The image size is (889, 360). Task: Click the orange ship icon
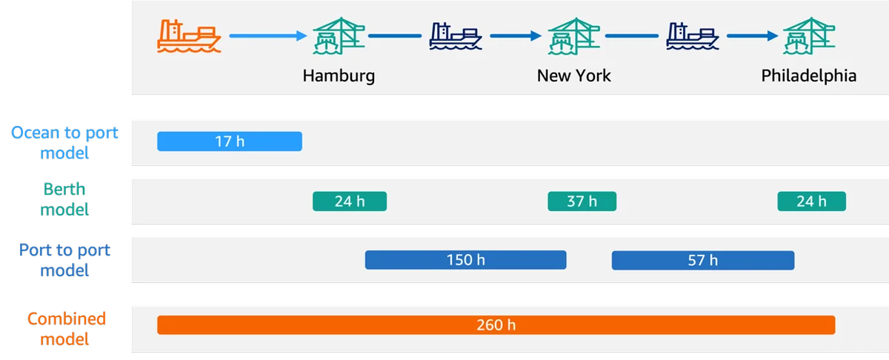(x=189, y=36)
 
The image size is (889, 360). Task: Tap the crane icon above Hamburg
(x=339, y=36)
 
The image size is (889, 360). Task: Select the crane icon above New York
(x=574, y=36)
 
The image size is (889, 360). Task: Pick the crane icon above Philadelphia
(x=809, y=36)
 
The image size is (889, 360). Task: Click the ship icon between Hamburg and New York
(x=456, y=36)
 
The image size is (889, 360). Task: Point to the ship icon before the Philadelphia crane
(x=693, y=36)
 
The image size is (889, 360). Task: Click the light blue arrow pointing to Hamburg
(x=268, y=36)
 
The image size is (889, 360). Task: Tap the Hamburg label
(x=339, y=76)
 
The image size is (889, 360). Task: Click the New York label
(x=574, y=76)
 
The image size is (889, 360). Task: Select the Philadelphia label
(x=809, y=76)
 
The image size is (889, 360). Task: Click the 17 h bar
(x=230, y=141)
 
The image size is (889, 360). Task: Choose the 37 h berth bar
(x=582, y=201)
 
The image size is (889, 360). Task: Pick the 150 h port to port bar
(x=465, y=260)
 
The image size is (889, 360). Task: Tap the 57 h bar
(x=703, y=261)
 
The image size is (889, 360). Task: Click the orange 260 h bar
(x=496, y=325)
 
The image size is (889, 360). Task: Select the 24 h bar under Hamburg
(x=350, y=201)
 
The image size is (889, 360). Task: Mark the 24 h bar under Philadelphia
(x=812, y=201)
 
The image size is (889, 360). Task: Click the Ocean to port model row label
(x=64, y=142)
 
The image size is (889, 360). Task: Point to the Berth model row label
(x=64, y=199)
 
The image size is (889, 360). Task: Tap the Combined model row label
(x=66, y=329)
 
